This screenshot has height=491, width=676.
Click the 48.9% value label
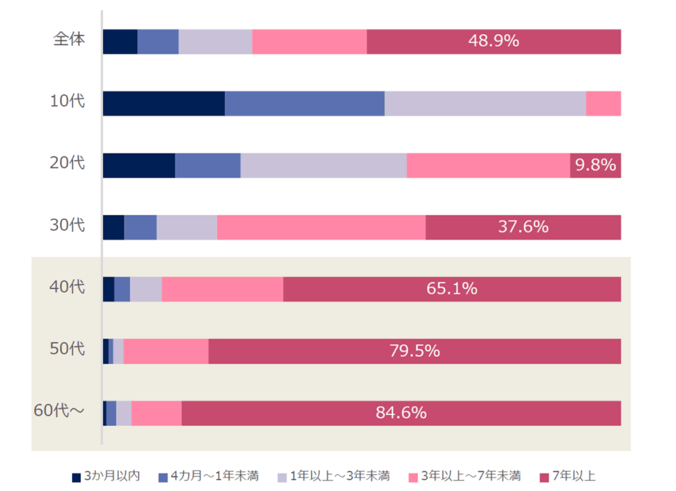click(x=493, y=41)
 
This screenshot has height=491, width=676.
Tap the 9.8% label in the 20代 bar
click(x=595, y=165)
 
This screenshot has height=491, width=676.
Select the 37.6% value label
click(x=523, y=227)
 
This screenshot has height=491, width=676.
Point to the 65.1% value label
click(x=452, y=289)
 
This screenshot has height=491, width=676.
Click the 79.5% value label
click(x=414, y=351)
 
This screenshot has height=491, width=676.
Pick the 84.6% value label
click(x=401, y=413)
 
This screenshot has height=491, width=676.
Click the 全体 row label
click(x=69, y=40)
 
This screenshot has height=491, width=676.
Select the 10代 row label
click(x=68, y=102)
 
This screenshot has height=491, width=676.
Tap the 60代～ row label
click(x=59, y=410)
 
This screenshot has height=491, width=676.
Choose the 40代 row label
click(x=68, y=287)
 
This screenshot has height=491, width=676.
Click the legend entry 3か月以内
click(x=106, y=476)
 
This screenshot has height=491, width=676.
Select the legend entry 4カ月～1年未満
click(x=209, y=476)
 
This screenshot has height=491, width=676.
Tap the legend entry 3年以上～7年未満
click(x=465, y=476)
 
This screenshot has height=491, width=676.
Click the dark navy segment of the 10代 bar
click(x=164, y=104)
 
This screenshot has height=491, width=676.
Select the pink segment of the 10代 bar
click(x=603, y=104)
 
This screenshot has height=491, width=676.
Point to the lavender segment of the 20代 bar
click(x=323, y=165)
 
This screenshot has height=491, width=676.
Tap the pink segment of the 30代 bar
click(x=321, y=227)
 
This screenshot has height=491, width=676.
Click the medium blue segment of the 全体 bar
click(x=158, y=42)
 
